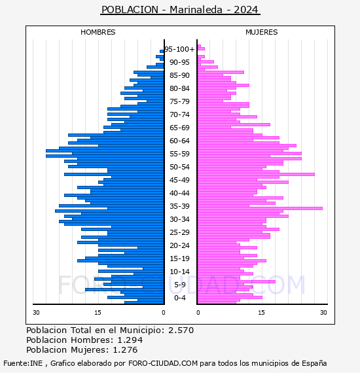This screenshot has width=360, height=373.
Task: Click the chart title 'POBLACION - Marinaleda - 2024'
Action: point(180,10)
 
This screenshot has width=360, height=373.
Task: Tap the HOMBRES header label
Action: point(98,32)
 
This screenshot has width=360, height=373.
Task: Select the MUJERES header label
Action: point(262,32)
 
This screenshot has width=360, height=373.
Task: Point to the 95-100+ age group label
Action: point(179,49)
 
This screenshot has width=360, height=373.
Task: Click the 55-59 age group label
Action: point(179,154)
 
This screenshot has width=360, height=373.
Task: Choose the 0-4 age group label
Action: point(179,298)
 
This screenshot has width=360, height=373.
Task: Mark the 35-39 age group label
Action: point(179,206)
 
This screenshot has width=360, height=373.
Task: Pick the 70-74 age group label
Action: point(179,115)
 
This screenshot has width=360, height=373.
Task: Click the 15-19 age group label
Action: point(179,258)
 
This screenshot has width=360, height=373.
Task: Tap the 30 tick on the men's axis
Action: point(36,312)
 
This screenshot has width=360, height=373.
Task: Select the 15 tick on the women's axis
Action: point(262,312)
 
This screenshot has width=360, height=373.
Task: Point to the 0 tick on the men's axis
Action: point(163,312)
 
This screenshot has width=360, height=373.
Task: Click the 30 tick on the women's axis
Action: point(323,312)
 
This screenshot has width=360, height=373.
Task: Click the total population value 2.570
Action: point(181,330)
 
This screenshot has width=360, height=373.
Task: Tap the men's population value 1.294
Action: point(130,340)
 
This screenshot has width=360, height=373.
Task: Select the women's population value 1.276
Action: point(125,349)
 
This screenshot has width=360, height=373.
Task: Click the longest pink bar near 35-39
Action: point(260,208)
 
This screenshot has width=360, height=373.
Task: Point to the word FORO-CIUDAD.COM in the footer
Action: point(163,363)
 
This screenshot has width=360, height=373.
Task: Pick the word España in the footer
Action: point(314,364)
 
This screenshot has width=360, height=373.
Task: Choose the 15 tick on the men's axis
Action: point(98,312)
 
